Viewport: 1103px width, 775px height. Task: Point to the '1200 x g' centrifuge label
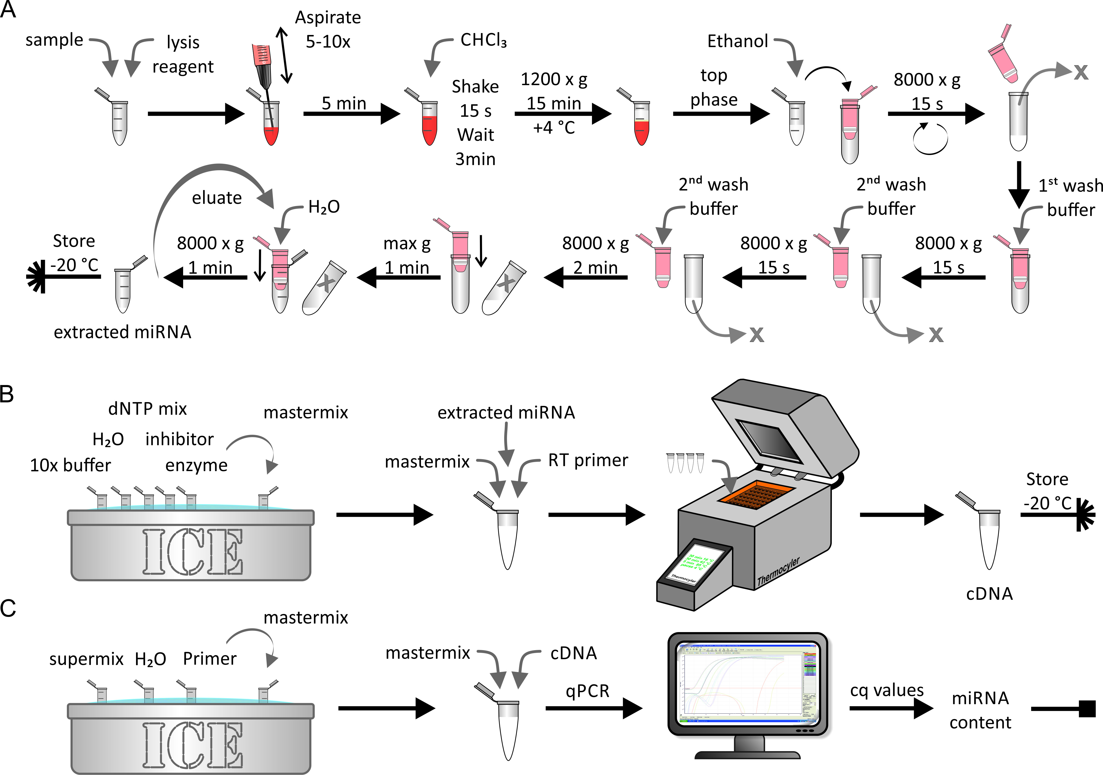click(554, 79)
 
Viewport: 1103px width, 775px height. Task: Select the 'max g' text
click(407, 244)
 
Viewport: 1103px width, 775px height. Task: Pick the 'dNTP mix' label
click(147, 409)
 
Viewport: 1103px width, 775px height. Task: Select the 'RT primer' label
click(588, 460)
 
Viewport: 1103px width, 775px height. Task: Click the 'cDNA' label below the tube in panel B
click(989, 594)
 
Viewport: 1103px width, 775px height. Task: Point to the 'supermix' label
click(87, 659)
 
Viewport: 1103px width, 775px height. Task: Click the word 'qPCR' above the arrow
click(587, 691)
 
